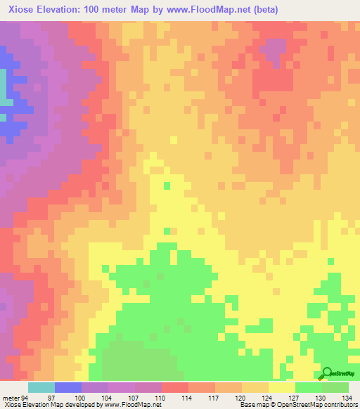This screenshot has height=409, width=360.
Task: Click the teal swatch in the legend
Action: click(41, 387)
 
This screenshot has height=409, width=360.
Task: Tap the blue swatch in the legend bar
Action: click(68, 387)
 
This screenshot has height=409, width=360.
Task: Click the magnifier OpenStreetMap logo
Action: click(328, 373)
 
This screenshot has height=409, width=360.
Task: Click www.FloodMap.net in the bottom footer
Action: click(134, 405)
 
